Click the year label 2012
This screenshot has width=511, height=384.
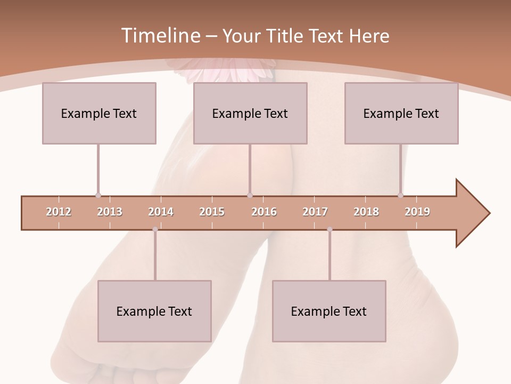pos(59,212)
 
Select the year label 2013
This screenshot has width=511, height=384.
pos(110,212)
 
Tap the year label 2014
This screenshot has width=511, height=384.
pos(161,212)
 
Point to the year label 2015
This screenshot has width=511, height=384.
pos(212,212)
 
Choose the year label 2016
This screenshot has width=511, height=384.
pos(264,212)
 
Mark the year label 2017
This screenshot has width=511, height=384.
pos(315,212)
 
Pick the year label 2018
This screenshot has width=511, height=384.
pos(366,212)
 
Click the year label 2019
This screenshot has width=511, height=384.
pos(417,212)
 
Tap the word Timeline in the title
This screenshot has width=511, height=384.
pos(160,36)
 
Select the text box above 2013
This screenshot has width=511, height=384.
pos(99,113)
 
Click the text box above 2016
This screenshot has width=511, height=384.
pos(250,113)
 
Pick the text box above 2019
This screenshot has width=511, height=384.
pos(401,113)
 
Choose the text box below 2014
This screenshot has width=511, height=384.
pos(154,311)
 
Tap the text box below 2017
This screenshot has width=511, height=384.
pos(329,311)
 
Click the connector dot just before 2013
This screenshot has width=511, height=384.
pos(98,195)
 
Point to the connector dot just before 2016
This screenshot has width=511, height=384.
pos(250,195)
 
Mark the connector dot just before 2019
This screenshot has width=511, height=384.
pos(400,195)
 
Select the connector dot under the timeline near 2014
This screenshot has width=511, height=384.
pos(155,229)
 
